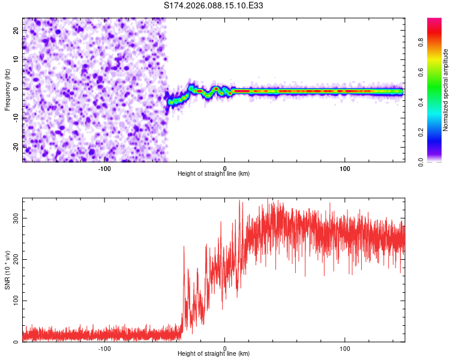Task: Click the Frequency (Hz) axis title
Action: click(7, 89)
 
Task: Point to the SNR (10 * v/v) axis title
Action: click(7, 269)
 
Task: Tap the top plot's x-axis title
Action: click(214, 173)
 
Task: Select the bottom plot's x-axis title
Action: click(214, 353)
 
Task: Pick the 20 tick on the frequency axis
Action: click(17, 30)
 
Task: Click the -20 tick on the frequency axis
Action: click(16, 146)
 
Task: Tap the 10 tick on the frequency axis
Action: click(17, 59)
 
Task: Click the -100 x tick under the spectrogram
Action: click(104, 168)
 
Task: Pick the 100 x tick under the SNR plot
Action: click(345, 348)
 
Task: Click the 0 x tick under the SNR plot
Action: click(225, 348)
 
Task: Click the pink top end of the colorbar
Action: click(434, 22)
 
